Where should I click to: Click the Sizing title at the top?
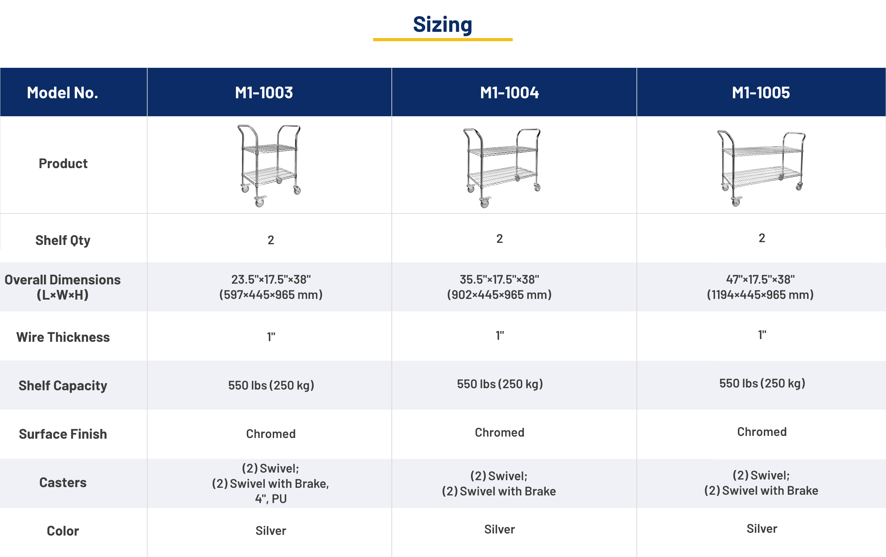[x=442, y=25]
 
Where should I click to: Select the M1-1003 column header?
[x=264, y=93]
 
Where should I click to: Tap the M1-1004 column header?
[x=509, y=93]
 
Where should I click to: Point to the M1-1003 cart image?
[x=269, y=166]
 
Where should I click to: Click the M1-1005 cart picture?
[x=761, y=168]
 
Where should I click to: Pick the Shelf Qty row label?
[x=63, y=240]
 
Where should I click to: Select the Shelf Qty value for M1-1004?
[x=499, y=239]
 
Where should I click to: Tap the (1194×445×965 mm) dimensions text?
[x=760, y=295]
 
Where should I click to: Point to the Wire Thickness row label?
[x=63, y=337]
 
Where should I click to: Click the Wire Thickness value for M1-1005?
[x=762, y=335]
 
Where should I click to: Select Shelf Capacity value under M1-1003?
[x=271, y=385]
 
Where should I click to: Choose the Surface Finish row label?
[x=63, y=434]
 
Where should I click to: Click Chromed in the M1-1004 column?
[x=499, y=433]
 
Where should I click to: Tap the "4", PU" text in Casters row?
[x=271, y=499]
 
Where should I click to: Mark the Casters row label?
[x=63, y=483]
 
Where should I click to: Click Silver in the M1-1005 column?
[x=762, y=529]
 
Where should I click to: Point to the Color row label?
[x=63, y=531]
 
